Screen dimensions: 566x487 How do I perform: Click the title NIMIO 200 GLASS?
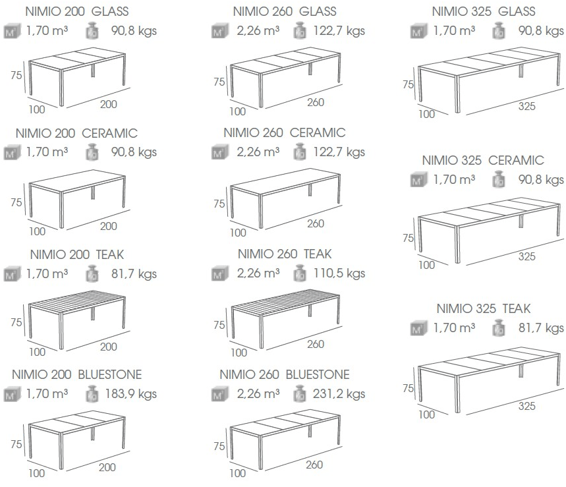pos(77,11)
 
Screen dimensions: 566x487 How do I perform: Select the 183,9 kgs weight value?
pos(130,393)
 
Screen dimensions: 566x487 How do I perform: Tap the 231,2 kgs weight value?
pos(339,393)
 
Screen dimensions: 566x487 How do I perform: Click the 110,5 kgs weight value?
pos(339,273)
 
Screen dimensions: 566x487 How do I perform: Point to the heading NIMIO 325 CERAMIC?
pos(483,160)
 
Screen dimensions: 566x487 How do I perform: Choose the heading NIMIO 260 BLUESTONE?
pos(285,374)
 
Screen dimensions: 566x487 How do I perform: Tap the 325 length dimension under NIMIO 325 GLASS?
pos(526,106)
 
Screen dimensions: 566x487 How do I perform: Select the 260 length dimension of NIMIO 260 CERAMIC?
pos(316,223)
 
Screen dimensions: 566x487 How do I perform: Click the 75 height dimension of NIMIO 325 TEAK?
pos(408,388)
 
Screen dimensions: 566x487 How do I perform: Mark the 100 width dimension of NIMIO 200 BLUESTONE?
pos(36,473)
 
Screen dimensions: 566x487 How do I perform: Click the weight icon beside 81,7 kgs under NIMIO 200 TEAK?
pos(92,273)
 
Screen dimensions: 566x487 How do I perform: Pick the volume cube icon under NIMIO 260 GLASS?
pos(220,31)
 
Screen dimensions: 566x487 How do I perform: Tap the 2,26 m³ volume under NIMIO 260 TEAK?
pos(258,273)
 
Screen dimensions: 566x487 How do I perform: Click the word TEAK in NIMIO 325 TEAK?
pos(517,308)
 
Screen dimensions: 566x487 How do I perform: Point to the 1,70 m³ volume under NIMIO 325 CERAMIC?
pos(454,179)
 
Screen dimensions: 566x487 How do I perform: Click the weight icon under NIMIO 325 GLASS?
pos(499,31)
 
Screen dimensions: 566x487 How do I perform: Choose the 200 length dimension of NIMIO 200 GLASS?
pos(108,104)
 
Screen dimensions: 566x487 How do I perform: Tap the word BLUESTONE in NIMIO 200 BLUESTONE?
pos(110,374)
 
